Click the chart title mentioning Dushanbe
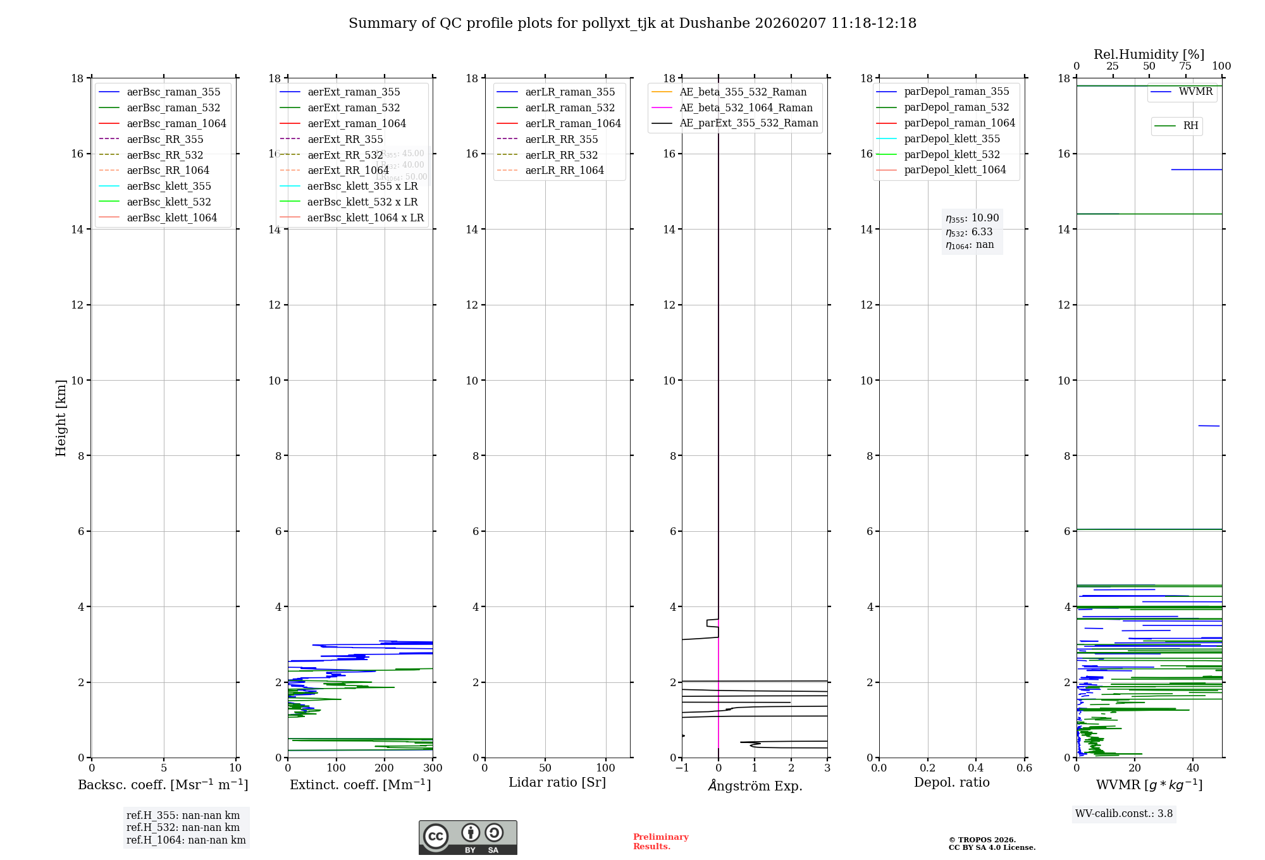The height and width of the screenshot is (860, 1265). pyautogui.click(x=632, y=23)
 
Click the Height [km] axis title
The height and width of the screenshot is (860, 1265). pyautogui.click(x=61, y=417)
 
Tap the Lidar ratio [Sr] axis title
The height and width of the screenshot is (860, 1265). pyautogui.click(x=557, y=782)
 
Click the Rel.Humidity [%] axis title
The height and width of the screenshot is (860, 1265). pyautogui.click(x=1149, y=54)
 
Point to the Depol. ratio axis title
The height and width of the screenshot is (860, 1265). pyautogui.click(x=951, y=782)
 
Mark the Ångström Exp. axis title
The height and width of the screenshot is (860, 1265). pyautogui.click(x=755, y=785)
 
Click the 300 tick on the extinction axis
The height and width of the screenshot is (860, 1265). pyautogui.click(x=433, y=768)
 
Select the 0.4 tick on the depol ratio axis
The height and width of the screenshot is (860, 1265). pyautogui.click(x=976, y=768)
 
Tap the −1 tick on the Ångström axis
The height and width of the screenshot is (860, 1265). pyautogui.click(x=681, y=768)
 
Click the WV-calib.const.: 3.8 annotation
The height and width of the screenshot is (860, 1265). pyautogui.click(x=1124, y=814)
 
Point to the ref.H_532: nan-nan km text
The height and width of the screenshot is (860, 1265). pyautogui.click(x=183, y=828)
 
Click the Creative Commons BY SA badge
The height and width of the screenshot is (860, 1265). pyautogui.click(x=467, y=838)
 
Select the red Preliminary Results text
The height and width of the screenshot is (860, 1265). pyautogui.click(x=660, y=842)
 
